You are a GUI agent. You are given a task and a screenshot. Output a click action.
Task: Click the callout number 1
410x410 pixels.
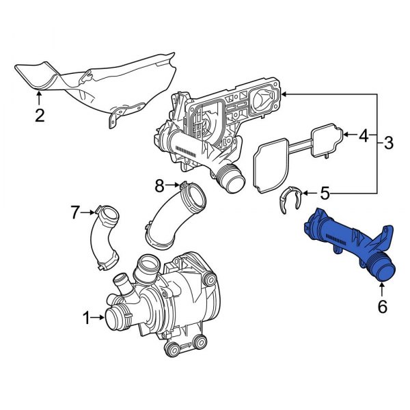pos(87,317)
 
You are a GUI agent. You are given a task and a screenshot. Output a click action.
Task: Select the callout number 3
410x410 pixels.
pos(389,143)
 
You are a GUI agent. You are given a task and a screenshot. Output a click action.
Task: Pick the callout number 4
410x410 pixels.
pos(364,136)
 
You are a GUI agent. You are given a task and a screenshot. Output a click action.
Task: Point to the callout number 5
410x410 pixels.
pos(325,193)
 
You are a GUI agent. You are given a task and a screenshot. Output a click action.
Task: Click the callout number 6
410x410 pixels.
pos(382,307)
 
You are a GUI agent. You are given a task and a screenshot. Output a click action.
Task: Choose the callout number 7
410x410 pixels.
pos(76,213)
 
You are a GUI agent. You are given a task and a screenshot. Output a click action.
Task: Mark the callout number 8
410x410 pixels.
pos(159,184)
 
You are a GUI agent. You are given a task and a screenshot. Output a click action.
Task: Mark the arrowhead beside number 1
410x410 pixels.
pos(102,317)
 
